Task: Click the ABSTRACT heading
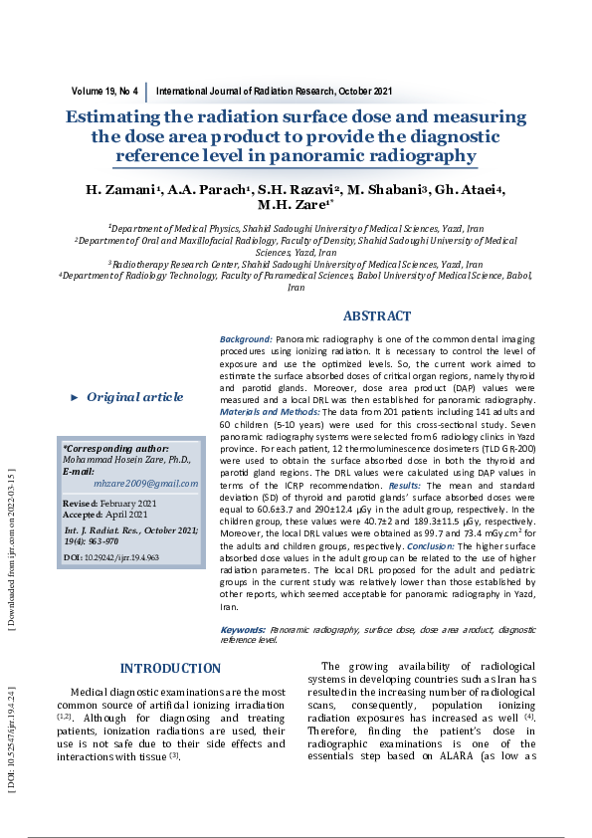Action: pos(376,316)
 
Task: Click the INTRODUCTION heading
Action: pos(170,668)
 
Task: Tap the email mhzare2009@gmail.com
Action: pos(146,483)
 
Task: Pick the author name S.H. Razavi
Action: pos(304,190)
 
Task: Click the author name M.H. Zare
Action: pos(293,207)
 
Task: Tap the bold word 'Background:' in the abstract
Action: pos(246,339)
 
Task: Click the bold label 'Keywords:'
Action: pos(242,630)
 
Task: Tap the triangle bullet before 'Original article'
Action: pos(74,397)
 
